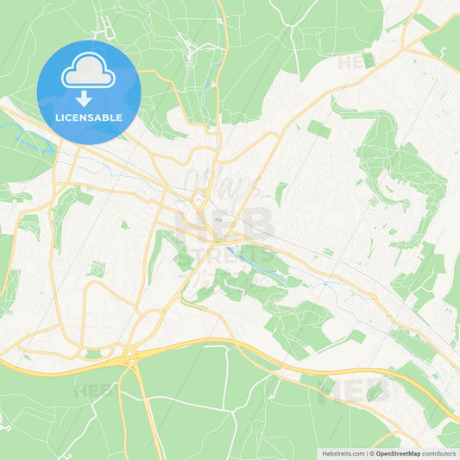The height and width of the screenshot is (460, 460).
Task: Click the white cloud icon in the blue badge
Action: (x=89, y=72)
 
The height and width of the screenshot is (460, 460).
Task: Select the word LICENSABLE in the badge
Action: (x=89, y=117)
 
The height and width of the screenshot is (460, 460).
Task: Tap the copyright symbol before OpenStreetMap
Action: (x=372, y=453)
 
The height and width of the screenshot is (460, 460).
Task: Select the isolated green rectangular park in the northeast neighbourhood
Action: (x=318, y=129)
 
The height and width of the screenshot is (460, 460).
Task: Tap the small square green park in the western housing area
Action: (x=96, y=268)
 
